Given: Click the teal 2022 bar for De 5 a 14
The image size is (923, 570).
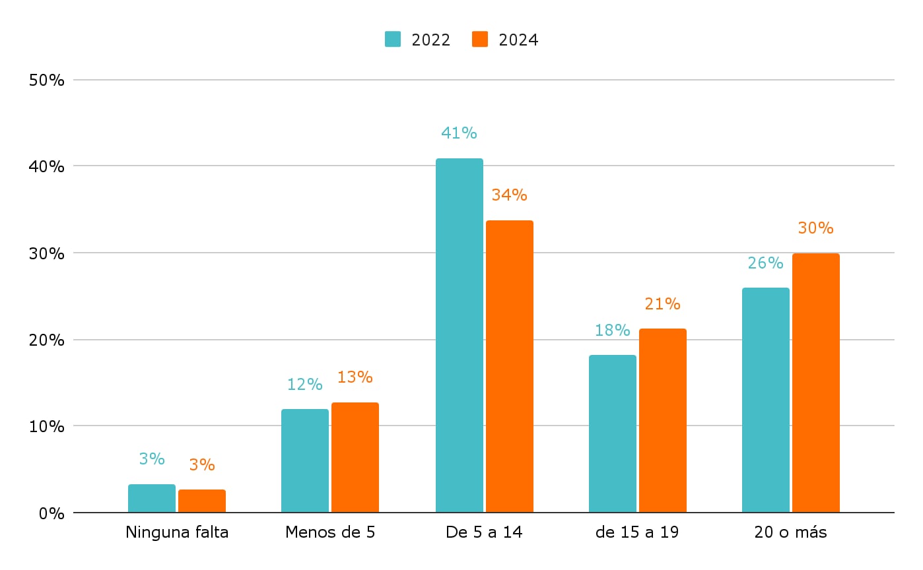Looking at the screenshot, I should (459, 335).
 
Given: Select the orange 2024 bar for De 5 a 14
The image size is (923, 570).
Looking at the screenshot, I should (509, 366).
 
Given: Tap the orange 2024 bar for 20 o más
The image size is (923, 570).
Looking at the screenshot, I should (815, 383).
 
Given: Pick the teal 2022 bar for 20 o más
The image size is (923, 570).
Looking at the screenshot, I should (765, 400).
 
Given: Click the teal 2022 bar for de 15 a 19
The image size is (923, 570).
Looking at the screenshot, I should (612, 433).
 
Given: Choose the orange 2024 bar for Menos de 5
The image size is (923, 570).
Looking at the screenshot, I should (355, 457).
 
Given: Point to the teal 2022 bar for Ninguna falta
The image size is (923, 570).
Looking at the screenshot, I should (152, 498).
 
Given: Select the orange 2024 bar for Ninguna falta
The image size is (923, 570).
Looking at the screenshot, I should (202, 501).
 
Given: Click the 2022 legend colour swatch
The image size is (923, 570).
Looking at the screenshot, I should (393, 40).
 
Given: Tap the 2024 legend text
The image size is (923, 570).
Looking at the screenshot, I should (518, 40).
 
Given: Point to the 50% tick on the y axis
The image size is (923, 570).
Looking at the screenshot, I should (47, 80).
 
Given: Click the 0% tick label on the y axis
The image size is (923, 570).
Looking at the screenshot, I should (51, 513).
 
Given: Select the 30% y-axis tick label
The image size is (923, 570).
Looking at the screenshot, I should (47, 253).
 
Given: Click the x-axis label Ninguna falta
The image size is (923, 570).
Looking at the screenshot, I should (177, 532).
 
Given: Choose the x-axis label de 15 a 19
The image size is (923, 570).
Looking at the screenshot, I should (636, 532).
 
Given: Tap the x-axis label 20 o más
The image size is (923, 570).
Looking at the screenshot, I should (790, 532).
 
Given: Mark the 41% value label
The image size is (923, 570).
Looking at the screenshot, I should (459, 133).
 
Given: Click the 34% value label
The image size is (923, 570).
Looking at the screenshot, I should (509, 195).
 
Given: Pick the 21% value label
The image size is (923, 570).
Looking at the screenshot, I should (662, 304).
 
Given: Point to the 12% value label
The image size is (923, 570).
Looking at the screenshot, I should (304, 384).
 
